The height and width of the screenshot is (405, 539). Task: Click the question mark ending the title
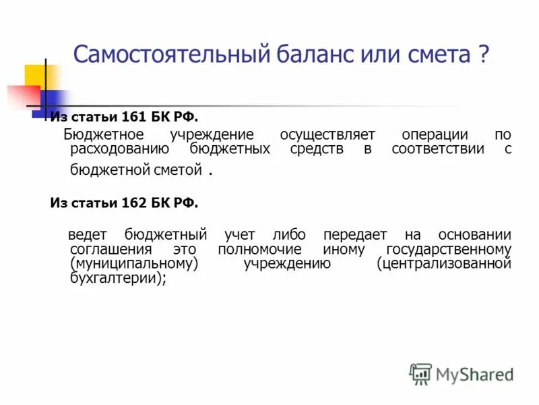coord(484,55)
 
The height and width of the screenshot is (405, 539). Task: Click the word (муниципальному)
coord(134,263)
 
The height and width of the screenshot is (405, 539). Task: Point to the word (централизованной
coord(444,263)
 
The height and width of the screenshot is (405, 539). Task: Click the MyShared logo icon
coord(420,374)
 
